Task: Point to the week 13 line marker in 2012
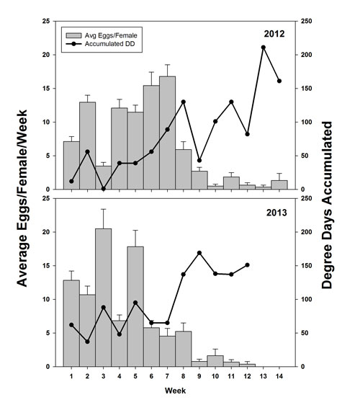pos(263,48)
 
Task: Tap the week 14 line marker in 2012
pos(279,81)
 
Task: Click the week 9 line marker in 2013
pos(199,253)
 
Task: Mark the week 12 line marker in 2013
pos(247,264)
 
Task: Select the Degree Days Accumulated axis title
pos(328,205)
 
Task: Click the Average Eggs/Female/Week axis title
pos(22,205)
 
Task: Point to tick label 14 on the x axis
pos(279,377)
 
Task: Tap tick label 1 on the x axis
pos(71,377)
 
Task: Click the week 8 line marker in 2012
pos(183,102)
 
